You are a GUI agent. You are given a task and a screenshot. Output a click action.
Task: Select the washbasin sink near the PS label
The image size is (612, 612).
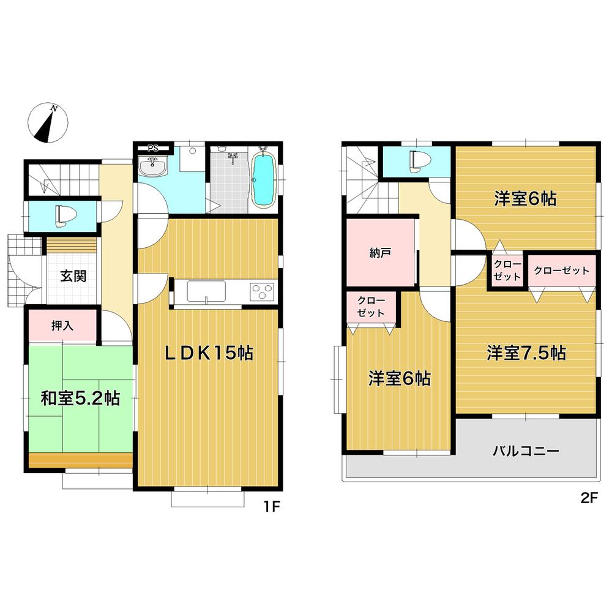pos(153,166)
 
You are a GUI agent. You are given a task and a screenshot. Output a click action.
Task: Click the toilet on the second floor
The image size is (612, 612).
pos(417,161)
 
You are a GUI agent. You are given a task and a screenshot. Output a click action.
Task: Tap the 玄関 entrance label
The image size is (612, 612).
pos(73,275)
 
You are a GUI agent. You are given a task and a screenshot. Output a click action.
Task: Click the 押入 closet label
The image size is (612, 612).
pos(62,325)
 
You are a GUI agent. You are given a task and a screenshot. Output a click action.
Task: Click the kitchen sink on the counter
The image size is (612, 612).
pos(206,291)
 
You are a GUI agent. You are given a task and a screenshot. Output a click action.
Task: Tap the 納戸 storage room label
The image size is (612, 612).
pos(380,253)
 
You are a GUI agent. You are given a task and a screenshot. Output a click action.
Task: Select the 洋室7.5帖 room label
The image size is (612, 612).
pos(526,353)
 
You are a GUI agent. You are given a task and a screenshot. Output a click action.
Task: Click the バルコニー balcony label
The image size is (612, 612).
pos(526,452)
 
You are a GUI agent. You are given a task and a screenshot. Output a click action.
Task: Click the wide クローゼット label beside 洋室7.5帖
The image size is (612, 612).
pos(561,270)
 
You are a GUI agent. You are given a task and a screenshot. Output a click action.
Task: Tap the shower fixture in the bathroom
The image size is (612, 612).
pos(232,158)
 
